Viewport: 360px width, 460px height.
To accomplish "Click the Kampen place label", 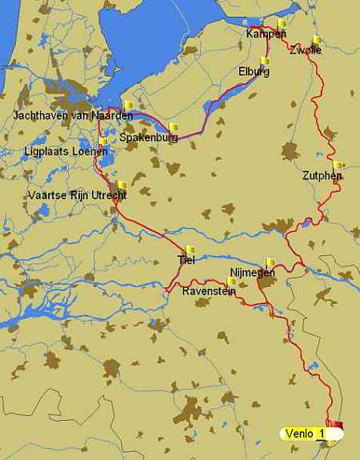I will (x=266, y=34).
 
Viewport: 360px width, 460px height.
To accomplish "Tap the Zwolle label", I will (x=306, y=50).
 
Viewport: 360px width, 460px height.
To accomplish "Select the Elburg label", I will (x=254, y=71).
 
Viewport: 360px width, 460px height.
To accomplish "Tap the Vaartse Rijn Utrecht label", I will (x=77, y=195).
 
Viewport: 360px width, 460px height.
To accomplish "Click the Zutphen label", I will (x=322, y=175).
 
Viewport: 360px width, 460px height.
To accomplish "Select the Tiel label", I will (x=186, y=259).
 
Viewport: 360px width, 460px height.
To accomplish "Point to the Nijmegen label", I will (x=252, y=272).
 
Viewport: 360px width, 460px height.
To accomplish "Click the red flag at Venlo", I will (x=334, y=425).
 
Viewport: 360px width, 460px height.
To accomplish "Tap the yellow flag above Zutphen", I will (x=338, y=165).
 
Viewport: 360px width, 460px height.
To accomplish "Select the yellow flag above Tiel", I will (x=190, y=249).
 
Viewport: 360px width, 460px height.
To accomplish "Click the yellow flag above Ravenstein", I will (x=231, y=281).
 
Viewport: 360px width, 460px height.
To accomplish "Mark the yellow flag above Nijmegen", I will (x=270, y=261).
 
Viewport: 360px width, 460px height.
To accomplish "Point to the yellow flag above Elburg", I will (x=265, y=61).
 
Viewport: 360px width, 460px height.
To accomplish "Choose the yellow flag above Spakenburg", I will (x=173, y=126).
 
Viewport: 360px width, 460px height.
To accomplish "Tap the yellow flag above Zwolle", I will (x=317, y=39).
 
